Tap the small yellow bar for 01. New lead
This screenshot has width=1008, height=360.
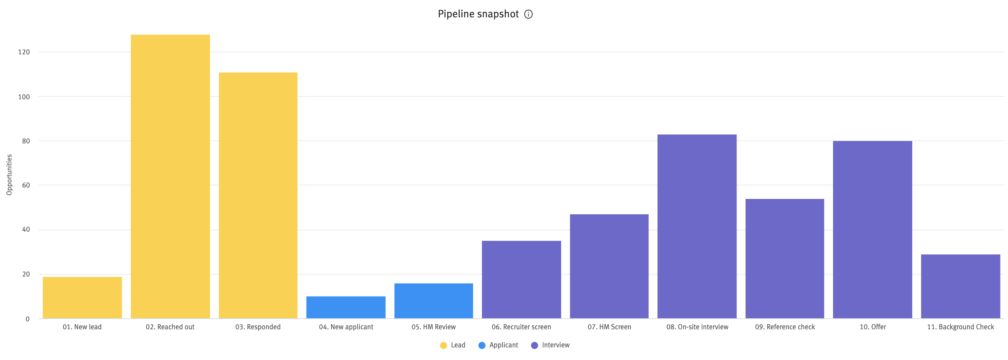82,298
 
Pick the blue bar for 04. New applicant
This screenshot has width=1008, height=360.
346,307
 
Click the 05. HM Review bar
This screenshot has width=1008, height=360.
433,301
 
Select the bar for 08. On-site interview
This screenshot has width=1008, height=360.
697,226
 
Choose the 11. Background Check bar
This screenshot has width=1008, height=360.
960,286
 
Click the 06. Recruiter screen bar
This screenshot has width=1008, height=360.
521,280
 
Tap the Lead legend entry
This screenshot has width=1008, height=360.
453,345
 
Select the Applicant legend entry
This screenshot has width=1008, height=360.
498,345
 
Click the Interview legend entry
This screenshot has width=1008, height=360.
550,345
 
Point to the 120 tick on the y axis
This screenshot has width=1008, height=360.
24,52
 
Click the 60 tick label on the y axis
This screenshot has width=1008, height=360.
26,185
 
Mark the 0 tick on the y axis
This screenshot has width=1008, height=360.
27,319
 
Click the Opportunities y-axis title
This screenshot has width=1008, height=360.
9,174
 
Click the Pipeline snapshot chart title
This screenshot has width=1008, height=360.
478,14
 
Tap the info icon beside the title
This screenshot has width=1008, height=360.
528,15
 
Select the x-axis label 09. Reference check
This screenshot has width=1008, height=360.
785,327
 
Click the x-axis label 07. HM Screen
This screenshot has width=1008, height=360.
609,327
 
